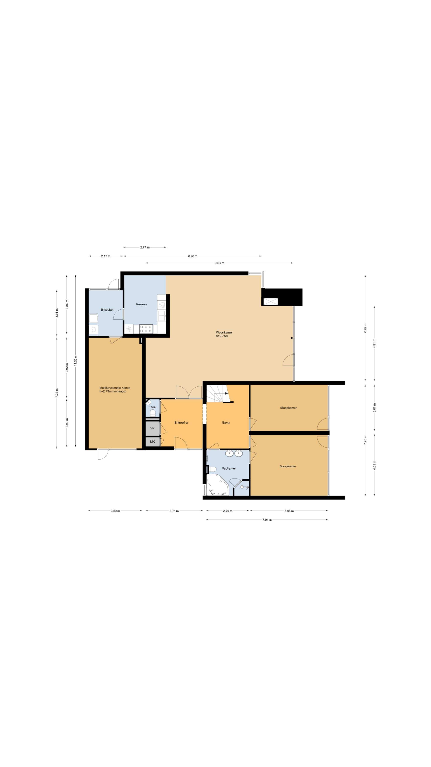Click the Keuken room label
click(x=141, y=304)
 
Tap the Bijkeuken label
click(x=107, y=310)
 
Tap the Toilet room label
click(x=153, y=407)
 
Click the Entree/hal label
click(x=181, y=422)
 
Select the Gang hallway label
click(x=226, y=422)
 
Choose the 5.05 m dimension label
click(x=289, y=511)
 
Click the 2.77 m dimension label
click(x=145, y=247)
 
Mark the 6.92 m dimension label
click(x=365, y=328)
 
